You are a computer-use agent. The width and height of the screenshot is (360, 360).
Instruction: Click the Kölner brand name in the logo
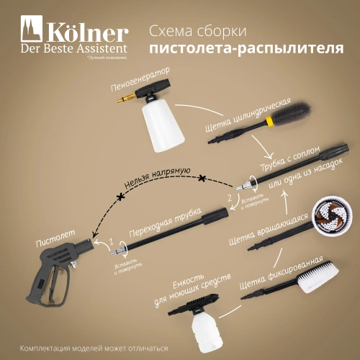point(87,33)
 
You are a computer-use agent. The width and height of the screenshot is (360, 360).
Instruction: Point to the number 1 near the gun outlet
point(111,240)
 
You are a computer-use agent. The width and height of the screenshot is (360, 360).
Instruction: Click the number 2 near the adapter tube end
point(230,197)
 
